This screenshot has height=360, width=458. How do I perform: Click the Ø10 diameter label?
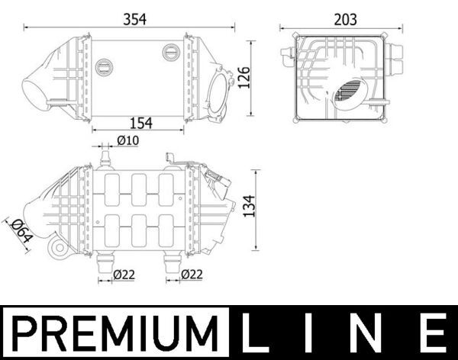tap(127, 140)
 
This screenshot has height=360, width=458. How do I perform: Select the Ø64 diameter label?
tap(19, 230)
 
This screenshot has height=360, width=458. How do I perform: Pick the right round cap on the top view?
tap(170, 51)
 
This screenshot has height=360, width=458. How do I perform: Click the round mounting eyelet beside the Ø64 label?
tap(56, 249)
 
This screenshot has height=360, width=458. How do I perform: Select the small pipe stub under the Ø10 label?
tap(105, 159)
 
